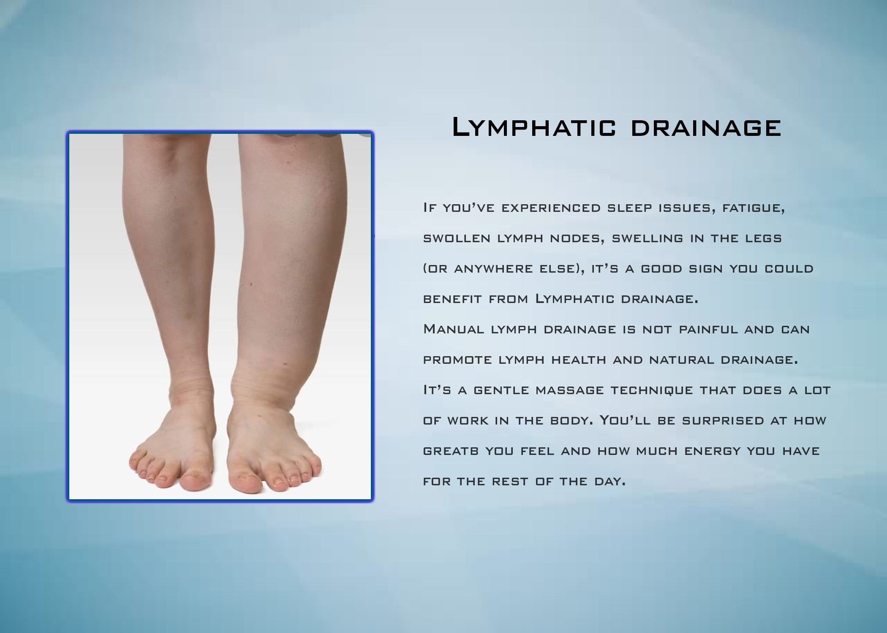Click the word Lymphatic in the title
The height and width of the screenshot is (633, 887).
pyautogui.click(x=534, y=128)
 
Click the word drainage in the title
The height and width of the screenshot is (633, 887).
pyautogui.click(x=706, y=128)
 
